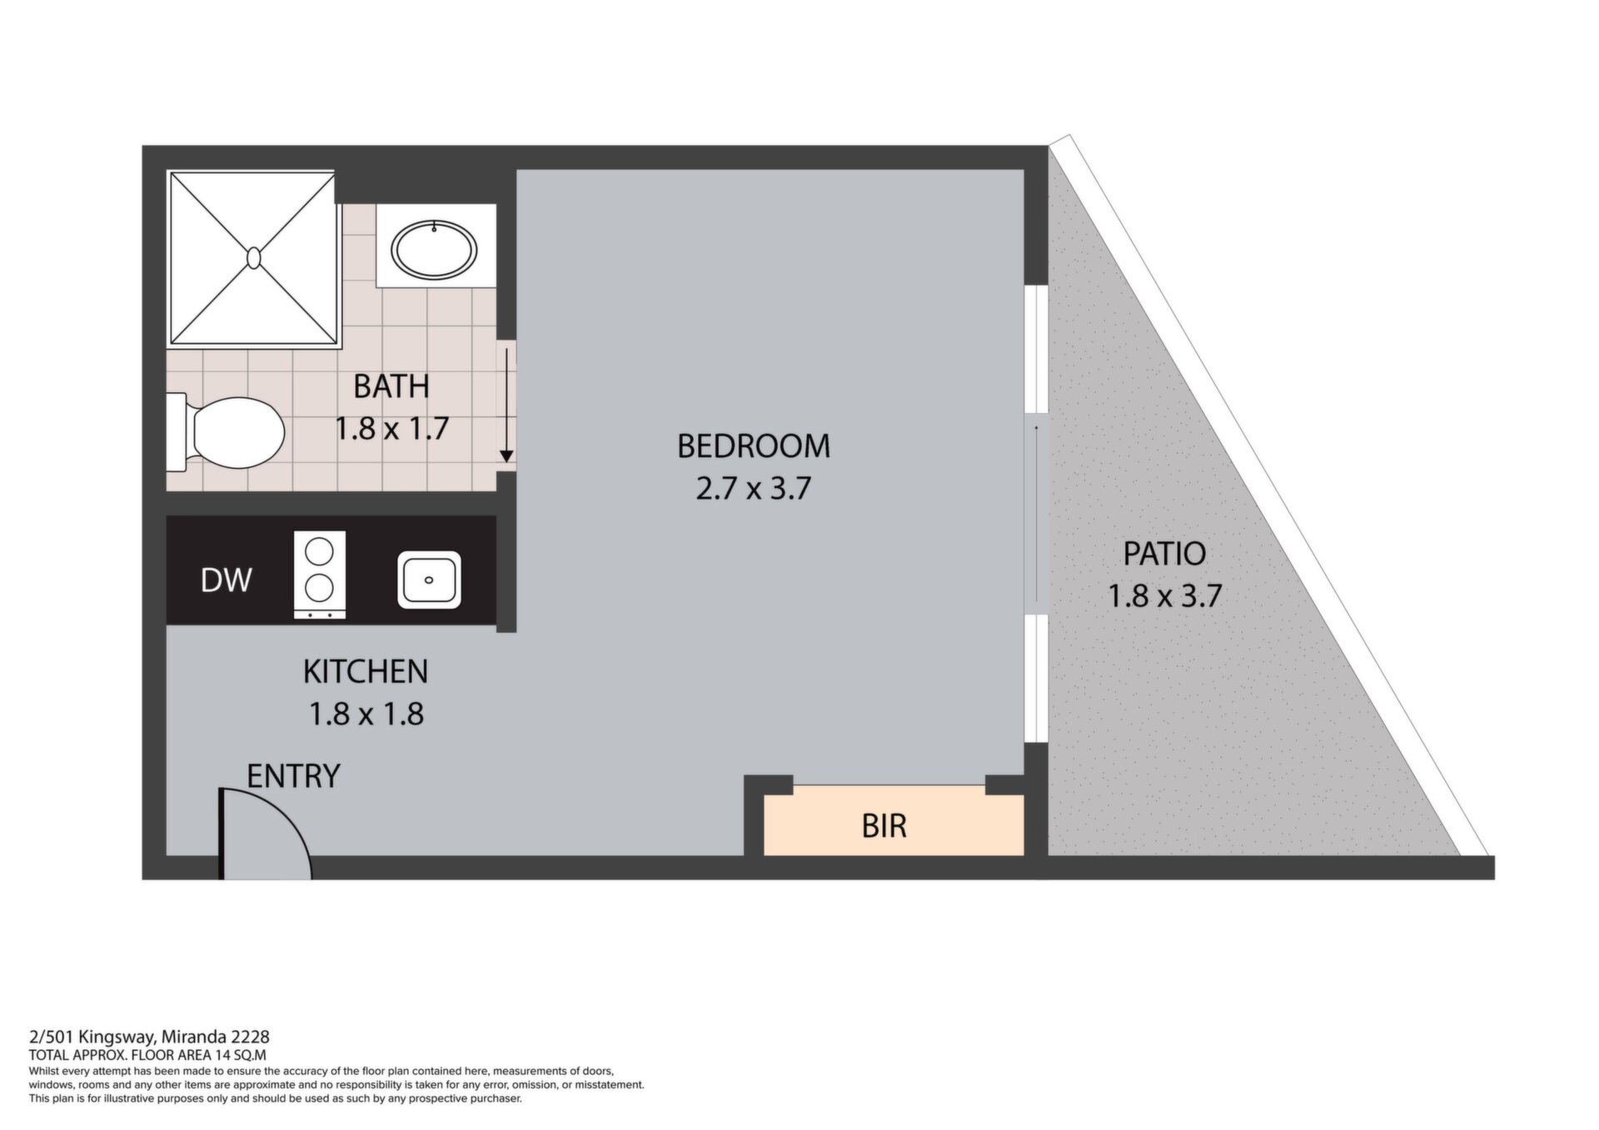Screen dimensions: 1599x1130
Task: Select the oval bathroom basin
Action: [x=435, y=247]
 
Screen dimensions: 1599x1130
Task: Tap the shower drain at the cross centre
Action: [x=254, y=257]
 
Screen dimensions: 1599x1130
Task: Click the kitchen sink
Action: [x=429, y=580]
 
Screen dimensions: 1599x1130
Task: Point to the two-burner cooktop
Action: [x=320, y=575]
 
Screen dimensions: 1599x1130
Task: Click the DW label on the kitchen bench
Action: [x=227, y=580]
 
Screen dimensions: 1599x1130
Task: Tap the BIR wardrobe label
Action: [x=884, y=826]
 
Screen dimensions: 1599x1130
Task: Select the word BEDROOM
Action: [x=754, y=446]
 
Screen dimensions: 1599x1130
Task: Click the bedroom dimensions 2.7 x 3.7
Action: [x=754, y=488]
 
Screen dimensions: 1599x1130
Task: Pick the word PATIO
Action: [x=1164, y=554]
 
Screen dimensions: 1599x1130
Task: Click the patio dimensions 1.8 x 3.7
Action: [x=1164, y=596]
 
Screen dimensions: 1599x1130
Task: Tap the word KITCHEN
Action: [x=366, y=671]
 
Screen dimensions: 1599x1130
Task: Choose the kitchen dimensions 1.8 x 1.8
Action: [x=366, y=714]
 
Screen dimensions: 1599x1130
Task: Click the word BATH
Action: [x=391, y=386]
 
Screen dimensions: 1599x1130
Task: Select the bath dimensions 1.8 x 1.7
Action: [x=391, y=429]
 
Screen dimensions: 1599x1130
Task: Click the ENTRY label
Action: [x=294, y=776]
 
